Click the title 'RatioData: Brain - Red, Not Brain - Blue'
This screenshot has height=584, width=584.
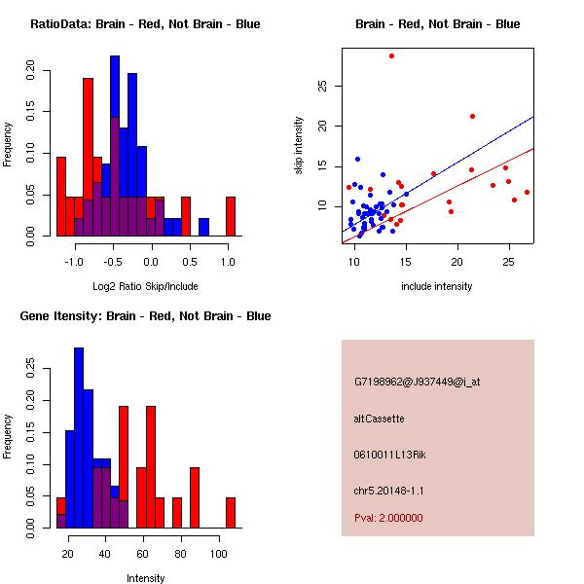[x=145, y=24]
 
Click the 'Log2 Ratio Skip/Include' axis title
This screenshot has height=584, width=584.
[x=145, y=286]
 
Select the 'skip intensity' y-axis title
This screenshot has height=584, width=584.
[x=299, y=146]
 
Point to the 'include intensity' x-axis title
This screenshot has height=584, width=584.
[x=437, y=286]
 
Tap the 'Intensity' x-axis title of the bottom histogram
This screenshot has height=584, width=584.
[x=145, y=578]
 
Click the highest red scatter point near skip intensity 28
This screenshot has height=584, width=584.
[x=391, y=55]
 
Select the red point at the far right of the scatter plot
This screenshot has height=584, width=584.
[x=527, y=192]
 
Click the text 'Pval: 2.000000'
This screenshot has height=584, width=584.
[x=388, y=519]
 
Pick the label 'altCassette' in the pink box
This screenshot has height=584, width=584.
[x=379, y=419]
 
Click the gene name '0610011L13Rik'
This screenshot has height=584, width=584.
[x=386, y=455]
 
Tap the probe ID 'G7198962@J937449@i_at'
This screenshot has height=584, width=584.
[x=417, y=382]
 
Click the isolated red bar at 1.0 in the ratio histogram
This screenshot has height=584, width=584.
[x=231, y=216]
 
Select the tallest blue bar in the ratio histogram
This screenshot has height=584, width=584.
[x=115, y=146]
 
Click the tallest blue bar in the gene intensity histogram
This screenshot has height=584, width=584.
[x=79, y=437]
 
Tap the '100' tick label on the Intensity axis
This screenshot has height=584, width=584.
[x=219, y=554]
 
